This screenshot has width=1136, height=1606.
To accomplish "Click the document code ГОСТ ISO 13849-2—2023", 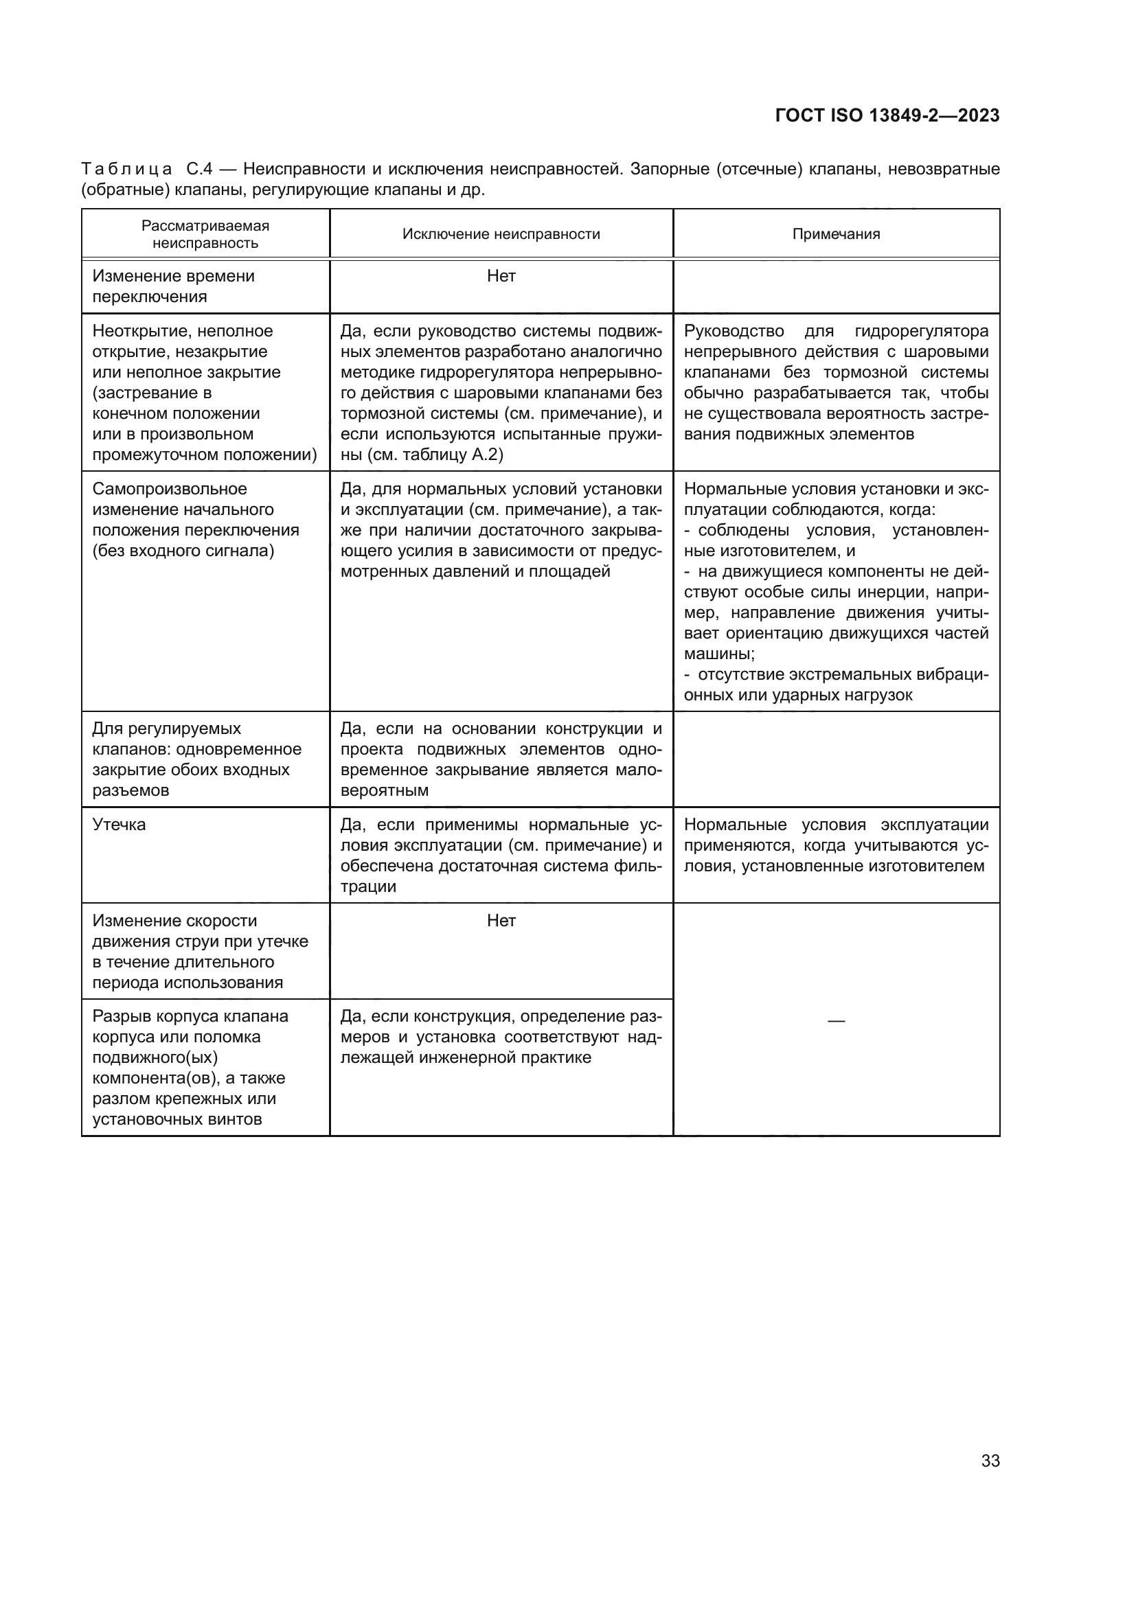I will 887,115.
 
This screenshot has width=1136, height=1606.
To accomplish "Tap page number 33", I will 990,1460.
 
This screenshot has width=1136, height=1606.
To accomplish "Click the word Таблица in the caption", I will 126,169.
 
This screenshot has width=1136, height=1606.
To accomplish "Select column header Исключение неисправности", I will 501,233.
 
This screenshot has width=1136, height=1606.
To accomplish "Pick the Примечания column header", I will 836,233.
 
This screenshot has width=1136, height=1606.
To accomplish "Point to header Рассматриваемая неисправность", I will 205,234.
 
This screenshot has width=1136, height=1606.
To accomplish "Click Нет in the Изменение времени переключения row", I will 501,276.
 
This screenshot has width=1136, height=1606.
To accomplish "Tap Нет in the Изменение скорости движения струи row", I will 501,921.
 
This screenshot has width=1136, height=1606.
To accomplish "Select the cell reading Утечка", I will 119,825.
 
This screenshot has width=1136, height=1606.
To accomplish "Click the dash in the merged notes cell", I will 836,1020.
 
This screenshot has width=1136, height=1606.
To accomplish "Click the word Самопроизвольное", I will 169,489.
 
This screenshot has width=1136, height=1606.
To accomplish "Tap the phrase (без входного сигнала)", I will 183,551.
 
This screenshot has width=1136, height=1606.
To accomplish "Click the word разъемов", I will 130,790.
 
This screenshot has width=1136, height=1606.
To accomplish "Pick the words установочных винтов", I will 177,1119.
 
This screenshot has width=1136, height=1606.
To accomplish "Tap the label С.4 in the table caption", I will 198,169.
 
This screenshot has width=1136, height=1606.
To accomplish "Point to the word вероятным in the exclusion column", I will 384,790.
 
